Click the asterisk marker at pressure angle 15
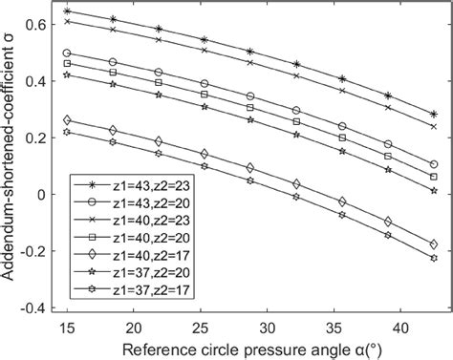pos(66,11)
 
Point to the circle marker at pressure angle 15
pos(66,53)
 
